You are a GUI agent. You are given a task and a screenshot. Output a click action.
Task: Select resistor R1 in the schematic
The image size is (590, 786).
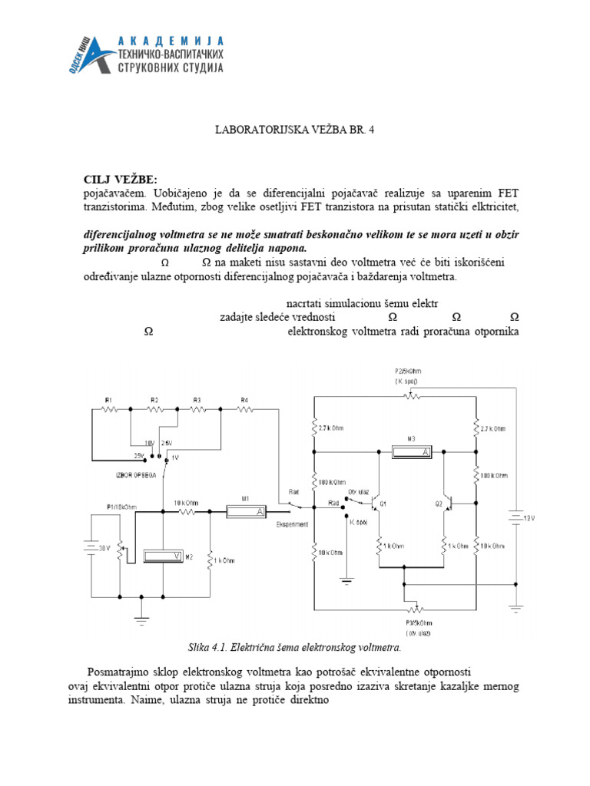109,409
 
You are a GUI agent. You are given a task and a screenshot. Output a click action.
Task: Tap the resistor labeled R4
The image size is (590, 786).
244,409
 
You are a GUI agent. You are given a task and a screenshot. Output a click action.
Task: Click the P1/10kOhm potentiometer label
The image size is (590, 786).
121,507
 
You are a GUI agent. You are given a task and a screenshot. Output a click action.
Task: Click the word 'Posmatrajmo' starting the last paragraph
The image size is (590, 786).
121,671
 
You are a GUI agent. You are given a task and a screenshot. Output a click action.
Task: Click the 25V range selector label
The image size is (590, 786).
138,455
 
